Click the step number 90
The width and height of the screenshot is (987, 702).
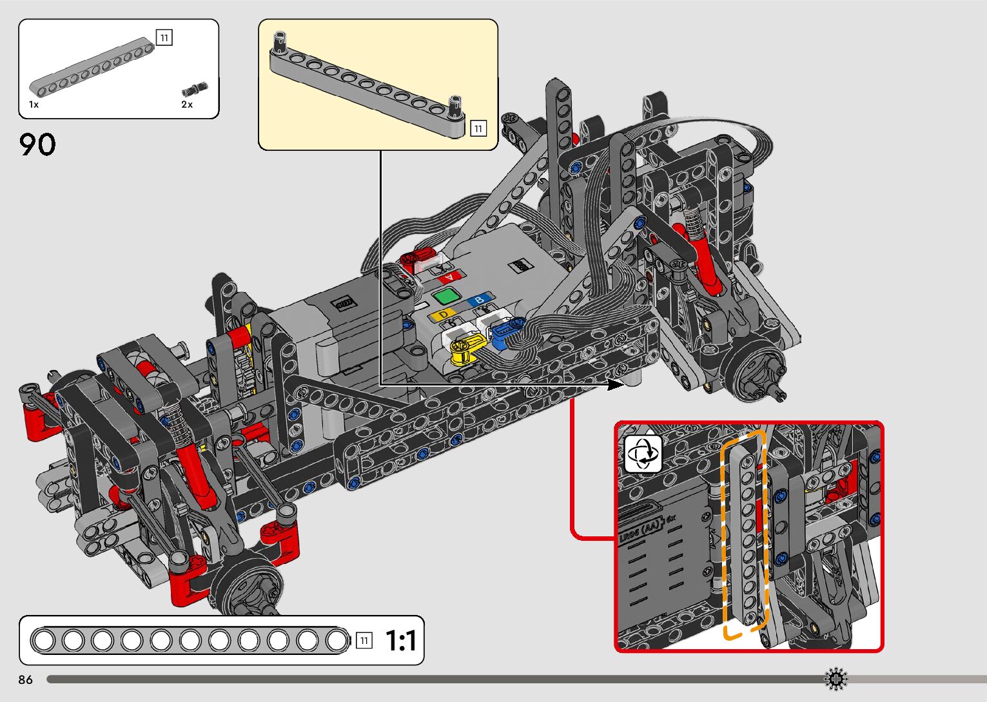point(37,144)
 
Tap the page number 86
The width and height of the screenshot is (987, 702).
point(26,679)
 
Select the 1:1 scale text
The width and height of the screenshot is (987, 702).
point(400,640)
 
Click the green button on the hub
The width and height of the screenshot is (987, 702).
point(446,295)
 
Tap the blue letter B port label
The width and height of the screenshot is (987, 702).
point(480,299)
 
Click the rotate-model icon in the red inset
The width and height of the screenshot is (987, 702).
point(643,453)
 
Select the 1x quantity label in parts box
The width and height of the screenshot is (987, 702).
point(34,104)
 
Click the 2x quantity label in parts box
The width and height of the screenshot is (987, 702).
point(187,104)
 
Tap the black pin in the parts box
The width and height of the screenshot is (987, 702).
point(195,88)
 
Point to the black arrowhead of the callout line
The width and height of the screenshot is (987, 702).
point(616,384)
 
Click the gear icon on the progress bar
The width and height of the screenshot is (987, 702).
point(836,679)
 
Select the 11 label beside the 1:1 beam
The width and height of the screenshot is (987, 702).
point(364,640)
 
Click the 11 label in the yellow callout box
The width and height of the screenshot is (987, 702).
point(478,128)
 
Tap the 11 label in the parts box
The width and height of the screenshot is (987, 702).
point(164,37)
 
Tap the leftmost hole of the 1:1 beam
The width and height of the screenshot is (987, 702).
point(44,640)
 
